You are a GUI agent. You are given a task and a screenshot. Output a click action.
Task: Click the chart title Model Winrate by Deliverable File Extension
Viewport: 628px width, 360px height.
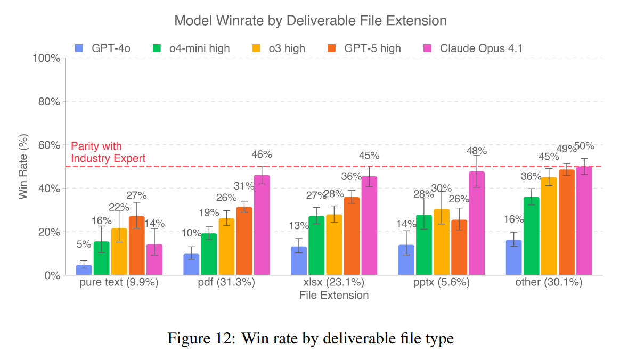click(310, 21)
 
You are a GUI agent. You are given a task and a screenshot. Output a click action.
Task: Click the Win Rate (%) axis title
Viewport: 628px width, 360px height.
click(23, 167)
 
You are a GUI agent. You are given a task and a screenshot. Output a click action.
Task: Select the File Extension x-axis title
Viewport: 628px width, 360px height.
click(333, 295)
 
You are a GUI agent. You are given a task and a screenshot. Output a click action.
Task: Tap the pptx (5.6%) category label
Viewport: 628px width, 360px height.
click(441, 283)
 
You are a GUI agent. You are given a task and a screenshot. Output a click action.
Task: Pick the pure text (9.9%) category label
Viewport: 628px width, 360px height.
click(119, 283)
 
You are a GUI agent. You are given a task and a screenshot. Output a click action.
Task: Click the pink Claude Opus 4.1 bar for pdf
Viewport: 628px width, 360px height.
click(262, 225)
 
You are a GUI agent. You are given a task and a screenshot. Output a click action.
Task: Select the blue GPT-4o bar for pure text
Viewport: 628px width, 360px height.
click(84, 270)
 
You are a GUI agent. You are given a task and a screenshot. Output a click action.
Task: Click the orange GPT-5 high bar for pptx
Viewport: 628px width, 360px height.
click(459, 248)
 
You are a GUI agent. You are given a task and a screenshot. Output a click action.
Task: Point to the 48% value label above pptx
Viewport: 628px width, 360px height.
click(477, 151)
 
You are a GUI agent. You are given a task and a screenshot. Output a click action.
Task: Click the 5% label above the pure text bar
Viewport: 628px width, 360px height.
click(84, 244)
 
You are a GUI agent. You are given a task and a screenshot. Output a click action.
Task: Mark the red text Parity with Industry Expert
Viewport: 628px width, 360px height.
click(108, 152)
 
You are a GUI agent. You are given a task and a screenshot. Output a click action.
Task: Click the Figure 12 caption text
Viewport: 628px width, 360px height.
click(311, 338)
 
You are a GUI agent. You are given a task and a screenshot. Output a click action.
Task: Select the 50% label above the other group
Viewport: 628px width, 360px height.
click(584, 146)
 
